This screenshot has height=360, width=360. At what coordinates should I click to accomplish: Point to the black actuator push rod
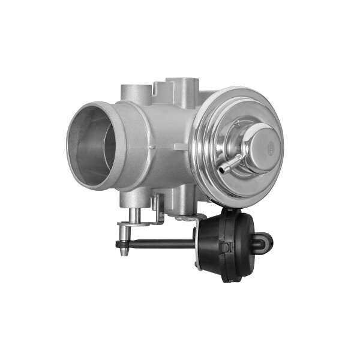click(x=162, y=244)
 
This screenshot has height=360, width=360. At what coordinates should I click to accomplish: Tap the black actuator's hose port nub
click(x=265, y=242)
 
